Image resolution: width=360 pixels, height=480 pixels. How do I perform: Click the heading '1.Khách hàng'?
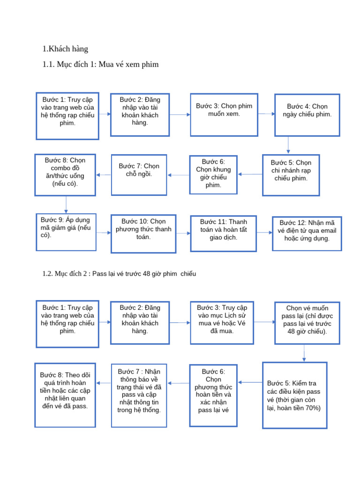tap(65, 49)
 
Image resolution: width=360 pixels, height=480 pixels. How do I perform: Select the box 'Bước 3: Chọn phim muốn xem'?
tap(224, 114)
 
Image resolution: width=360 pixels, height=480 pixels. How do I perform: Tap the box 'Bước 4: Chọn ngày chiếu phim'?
tap(307, 115)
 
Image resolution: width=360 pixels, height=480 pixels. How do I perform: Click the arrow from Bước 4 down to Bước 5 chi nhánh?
tap(288, 145)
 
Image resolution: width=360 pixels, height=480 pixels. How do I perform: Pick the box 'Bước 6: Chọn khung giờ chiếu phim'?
tap(213, 174)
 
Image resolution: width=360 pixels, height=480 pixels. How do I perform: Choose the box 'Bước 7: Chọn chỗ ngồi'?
tap(139, 174)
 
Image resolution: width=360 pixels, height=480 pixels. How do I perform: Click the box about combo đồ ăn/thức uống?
tap(65, 174)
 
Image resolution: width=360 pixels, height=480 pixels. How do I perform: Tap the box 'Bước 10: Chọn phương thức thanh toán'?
tap(143, 233)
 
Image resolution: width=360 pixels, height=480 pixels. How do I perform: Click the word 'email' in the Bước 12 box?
tap(327, 230)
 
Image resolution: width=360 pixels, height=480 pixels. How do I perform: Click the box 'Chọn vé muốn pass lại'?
tap(307, 323)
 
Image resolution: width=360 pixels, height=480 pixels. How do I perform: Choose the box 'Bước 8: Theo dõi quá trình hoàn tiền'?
tap(65, 395)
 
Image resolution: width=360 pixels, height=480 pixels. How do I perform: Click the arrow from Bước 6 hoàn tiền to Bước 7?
tap(178, 383)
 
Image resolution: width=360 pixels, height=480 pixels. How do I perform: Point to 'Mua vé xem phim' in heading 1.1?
tap(127, 64)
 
